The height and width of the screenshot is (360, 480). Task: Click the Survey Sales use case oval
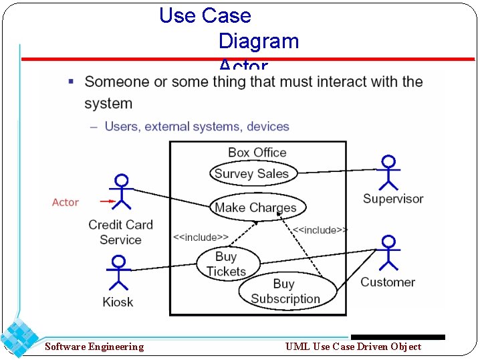(251, 173)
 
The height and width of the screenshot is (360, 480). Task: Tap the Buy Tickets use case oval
(226, 264)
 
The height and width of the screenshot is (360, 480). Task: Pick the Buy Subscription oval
(285, 292)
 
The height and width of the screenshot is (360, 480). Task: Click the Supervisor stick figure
(388, 173)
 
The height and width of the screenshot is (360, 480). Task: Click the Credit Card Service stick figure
(121, 193)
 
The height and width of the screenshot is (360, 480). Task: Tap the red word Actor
(66, 202)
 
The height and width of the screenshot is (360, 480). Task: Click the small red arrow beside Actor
(106, 201)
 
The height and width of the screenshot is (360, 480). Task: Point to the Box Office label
(257, 153)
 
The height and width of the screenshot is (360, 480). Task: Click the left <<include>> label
(201, 237)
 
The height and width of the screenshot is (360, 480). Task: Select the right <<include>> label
(320, 230)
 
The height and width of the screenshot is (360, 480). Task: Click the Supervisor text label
(393, 199)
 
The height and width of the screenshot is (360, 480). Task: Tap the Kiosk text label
(118, 302)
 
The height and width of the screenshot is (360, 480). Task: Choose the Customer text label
(388, 282)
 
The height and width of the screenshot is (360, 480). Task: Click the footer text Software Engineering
(94, 346)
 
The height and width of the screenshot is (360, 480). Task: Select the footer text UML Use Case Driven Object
(353, 346)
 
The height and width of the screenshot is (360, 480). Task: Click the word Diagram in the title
(259, 41)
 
